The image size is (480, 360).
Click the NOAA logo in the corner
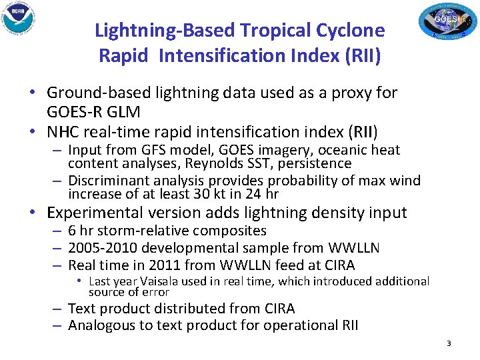point(19,18)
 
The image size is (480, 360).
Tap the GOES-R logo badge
point(445,21)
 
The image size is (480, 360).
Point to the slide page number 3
point(449,343)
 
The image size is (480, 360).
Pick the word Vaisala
point(161,281)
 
